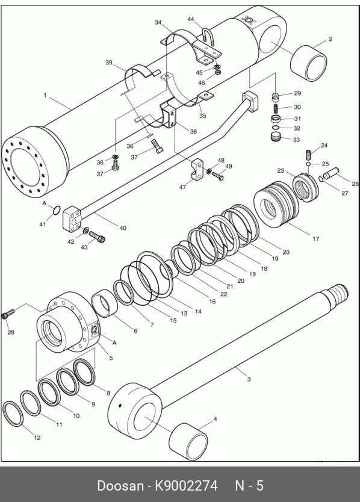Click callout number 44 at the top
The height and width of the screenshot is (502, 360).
point(191,19)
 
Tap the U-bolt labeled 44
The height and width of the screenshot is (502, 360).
point(208,36)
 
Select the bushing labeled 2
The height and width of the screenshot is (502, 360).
point(308,63)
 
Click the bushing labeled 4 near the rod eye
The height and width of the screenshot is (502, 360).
point(188,441)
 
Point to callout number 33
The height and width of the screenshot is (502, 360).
point(296,140)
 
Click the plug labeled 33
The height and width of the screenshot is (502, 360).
point(276,137)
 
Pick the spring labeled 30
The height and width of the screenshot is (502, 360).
point(276,108)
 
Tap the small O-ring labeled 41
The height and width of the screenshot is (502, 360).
point(57,210)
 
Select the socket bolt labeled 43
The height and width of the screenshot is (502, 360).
point(97,237)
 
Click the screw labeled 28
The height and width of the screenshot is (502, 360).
point(8,314)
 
